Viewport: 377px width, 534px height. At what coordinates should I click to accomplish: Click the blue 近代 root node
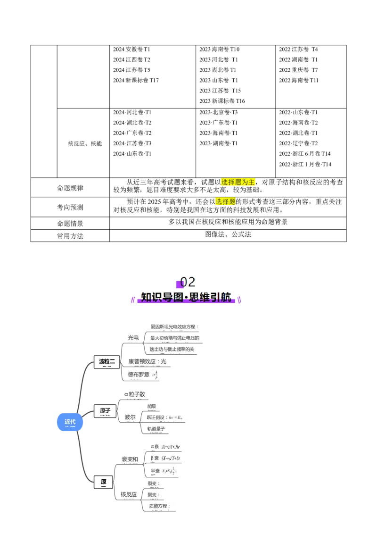[70, 422]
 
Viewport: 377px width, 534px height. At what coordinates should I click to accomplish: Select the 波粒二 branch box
[107, 362]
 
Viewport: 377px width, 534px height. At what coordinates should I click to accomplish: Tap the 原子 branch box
[105, 411]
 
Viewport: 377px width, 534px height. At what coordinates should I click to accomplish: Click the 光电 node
[133, 338]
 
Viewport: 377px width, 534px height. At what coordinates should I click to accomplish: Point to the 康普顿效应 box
[148, 361]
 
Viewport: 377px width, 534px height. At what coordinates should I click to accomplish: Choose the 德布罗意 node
[142, 375]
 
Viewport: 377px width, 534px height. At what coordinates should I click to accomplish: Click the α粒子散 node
[134, 394]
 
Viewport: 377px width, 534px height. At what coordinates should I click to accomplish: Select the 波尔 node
[130, 417]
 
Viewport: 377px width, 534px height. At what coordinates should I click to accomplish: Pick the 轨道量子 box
[156, 429]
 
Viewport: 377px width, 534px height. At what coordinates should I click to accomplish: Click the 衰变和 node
[130, 459]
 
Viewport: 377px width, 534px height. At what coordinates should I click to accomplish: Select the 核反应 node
[128, 494]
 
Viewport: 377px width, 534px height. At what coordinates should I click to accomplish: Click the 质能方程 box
[159, 507]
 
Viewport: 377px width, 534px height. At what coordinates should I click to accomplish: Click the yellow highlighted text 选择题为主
[238, 182]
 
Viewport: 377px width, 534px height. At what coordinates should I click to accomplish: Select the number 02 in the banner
[188, 282]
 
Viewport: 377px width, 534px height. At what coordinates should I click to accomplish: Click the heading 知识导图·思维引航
[186, 298]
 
